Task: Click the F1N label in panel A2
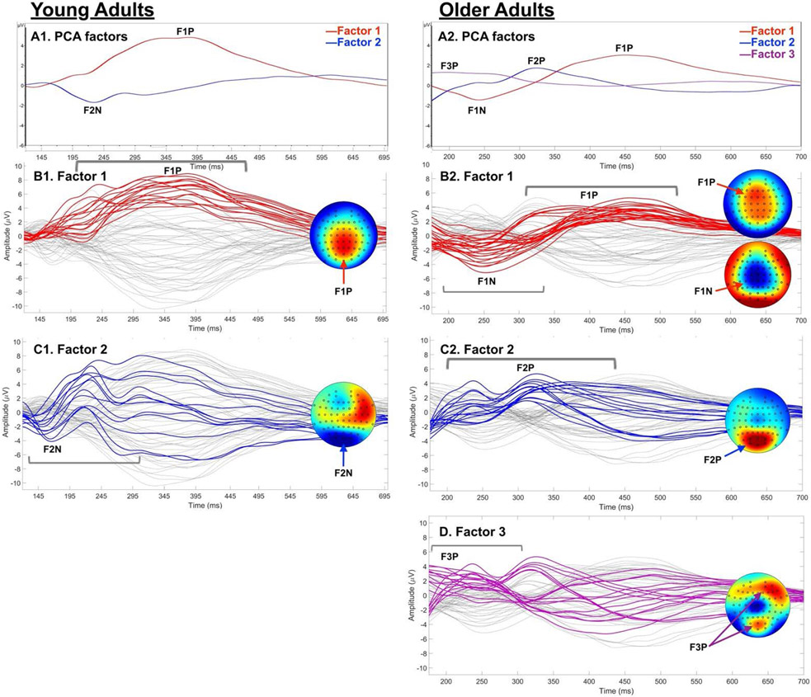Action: pyautogui.click(x=477, y=110)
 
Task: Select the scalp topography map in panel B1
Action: pyautogui.click(x=343, y=234)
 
